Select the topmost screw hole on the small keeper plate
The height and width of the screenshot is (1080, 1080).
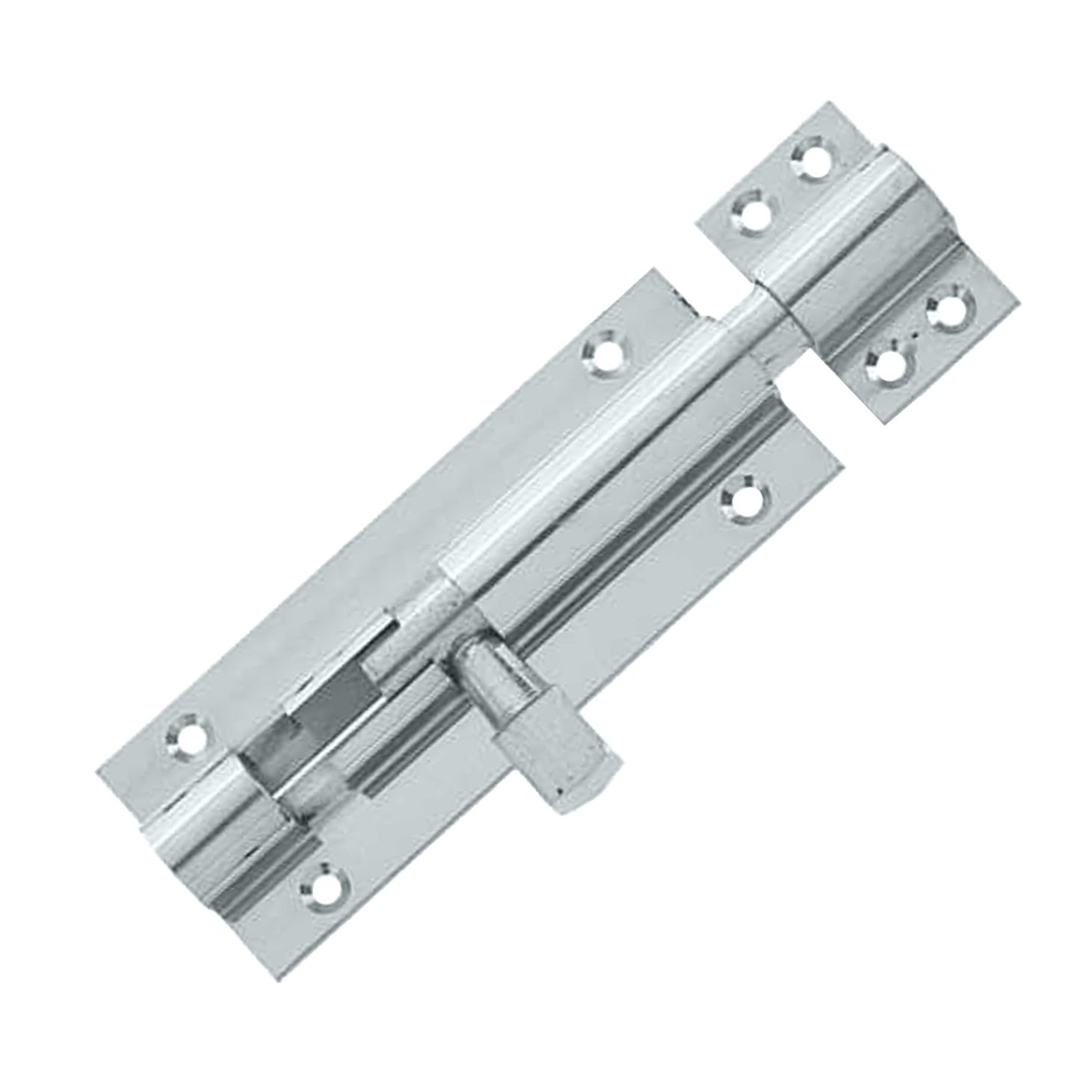coord(812,158)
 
